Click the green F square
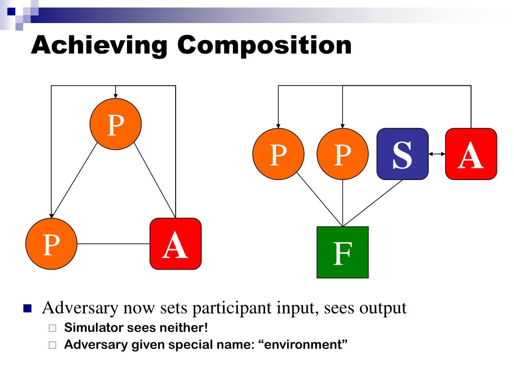coord(342,252)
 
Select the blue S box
coord(403,154)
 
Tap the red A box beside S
coord(471,154)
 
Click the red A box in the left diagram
coord(176,244)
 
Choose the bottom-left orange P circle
coord(51,244)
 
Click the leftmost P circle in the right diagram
coord(278,154)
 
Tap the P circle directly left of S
coord(342,154)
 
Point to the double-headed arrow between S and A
coord(437,154)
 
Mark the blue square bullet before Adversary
coord(27,308)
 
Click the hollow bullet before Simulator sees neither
coord(53,329)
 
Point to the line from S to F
coord(372,203)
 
